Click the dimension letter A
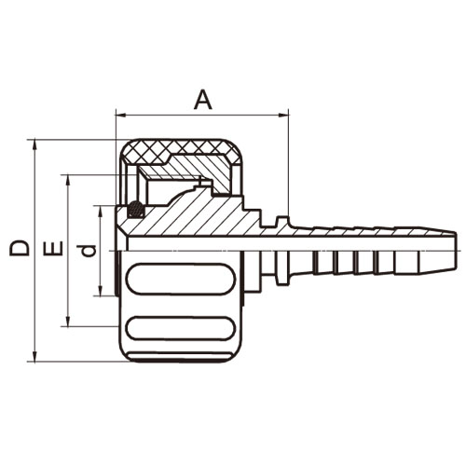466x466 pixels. click(203, 100)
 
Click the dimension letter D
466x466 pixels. click(20, 248)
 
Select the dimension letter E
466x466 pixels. click(53, 248)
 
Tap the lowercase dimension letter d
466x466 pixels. click(87, 251)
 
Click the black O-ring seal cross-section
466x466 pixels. click(136, 209)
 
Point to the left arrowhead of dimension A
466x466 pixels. click(120, 116)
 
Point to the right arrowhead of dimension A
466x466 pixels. click(283, 116)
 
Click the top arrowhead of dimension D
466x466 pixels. click(34, 144)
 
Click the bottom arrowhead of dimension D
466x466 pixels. click(34, 356)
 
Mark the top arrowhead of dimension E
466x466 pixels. click(68, 180)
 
